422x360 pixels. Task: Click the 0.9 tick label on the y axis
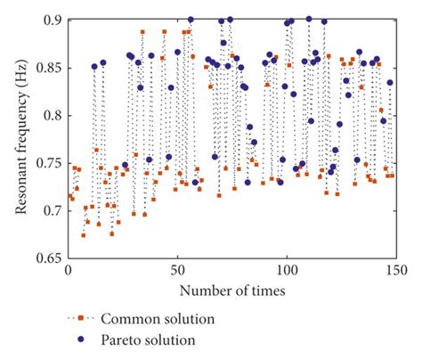[x=52, y=20]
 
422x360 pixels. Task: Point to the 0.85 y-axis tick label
[x=49, y=68]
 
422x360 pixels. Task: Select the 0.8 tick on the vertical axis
[x=52, y=116]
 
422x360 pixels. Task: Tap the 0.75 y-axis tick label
[x=49, y=164]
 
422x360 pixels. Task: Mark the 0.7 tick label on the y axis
[x=52, y=212]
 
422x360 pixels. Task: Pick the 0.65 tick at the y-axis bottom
[x=49, y=259]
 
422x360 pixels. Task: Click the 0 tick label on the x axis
[x=68, y=272]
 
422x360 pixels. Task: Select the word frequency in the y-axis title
[x=19, y=119]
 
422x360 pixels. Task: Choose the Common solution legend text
[x=158, y=319]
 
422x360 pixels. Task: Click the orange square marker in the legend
[x=80, y=319]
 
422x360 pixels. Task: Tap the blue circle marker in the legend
[x=80, y=340]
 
